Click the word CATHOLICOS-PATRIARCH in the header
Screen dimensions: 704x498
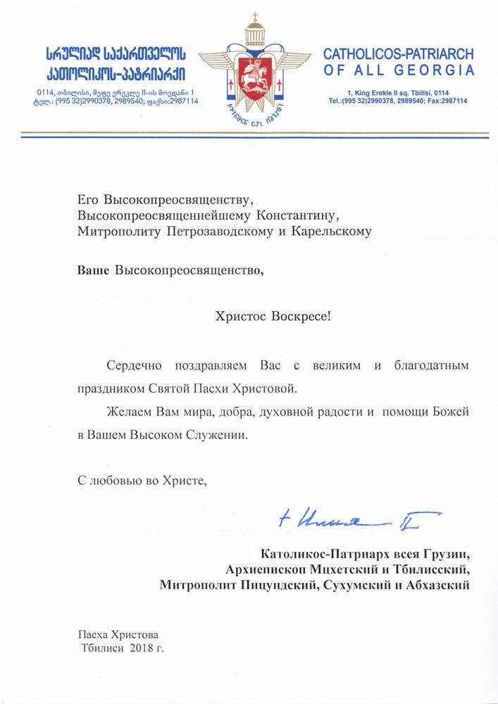point(398,54)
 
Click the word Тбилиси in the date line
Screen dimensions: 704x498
point(104,647)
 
